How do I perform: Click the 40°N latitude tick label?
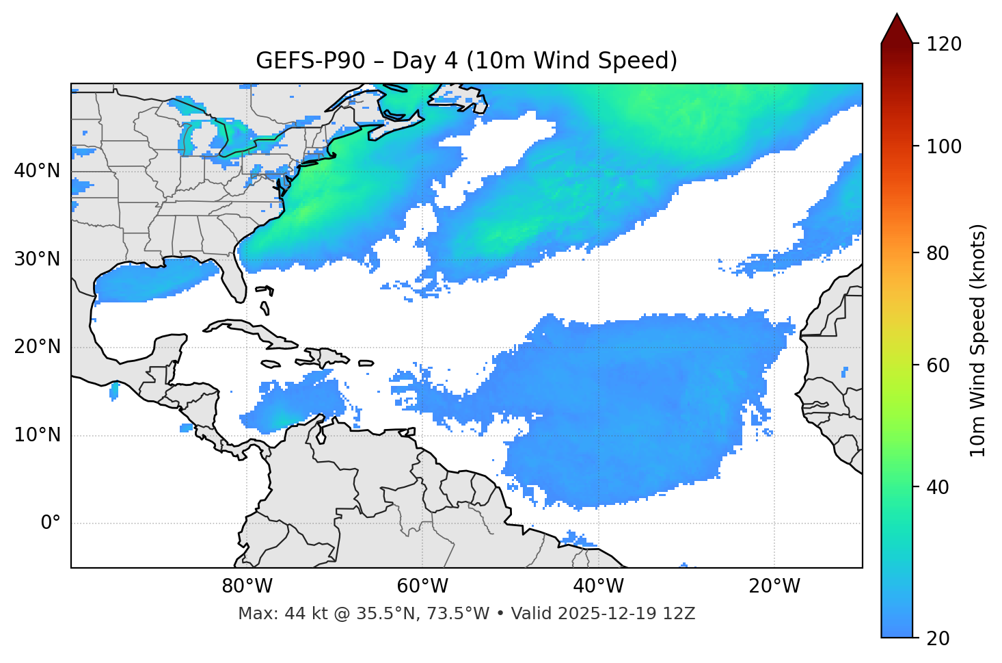[x=38, y=171]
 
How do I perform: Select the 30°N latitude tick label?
[x=38, y=259]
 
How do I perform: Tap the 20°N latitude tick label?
[x=38, y=347]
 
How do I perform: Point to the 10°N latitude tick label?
[x=38, y=435]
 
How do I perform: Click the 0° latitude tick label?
[x=51, y=523]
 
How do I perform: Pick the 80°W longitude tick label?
[x=247, y=586]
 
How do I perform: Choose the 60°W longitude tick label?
[x=422, y=586]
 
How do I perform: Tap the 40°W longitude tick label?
[x=598, y=586]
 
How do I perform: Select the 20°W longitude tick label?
[x=774, y=586]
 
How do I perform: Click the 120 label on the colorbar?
[x=944, y=44]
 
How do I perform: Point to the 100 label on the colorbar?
[x=944, y=146]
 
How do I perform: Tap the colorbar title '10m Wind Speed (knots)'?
[x=978, y=340]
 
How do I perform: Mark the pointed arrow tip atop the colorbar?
[x=897, y=15]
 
